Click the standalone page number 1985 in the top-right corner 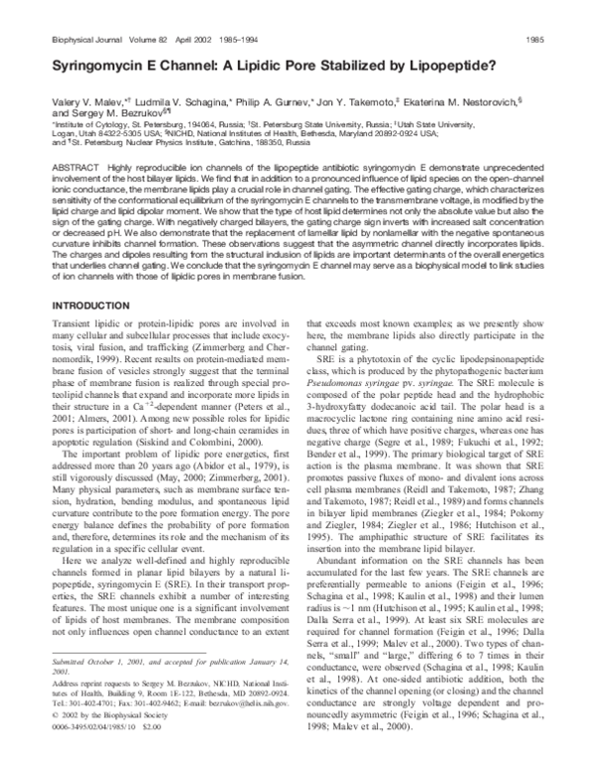(564, 39)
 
